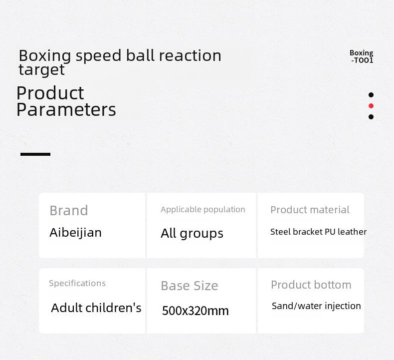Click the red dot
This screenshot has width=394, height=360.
371,106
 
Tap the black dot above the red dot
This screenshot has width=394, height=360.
371,95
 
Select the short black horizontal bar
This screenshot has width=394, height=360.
35,154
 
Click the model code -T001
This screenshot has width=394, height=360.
363,60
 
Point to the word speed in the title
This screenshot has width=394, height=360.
99,56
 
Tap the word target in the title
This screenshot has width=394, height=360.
41,70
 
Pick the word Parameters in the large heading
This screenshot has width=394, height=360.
66,110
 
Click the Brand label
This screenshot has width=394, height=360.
69,210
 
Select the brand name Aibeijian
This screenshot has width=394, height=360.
76,233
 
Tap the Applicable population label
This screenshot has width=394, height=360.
203,210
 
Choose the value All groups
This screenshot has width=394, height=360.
192,234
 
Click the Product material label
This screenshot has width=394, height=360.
310,210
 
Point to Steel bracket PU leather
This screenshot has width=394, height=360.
318,232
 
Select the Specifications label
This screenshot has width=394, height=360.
77,283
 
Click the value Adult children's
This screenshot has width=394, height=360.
96,308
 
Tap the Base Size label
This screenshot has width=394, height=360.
190,286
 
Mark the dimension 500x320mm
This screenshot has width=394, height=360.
196,311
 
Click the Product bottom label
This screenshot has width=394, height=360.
311,285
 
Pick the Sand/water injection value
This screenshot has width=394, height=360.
316,306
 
